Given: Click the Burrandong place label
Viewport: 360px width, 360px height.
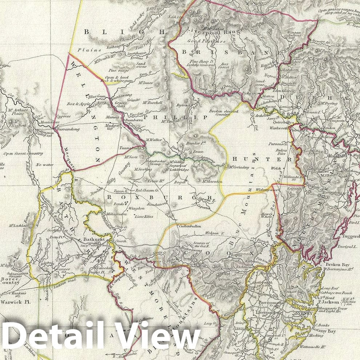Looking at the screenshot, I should click(67, 129).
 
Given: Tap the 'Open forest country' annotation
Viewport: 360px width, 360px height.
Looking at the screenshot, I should click(23, 153).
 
